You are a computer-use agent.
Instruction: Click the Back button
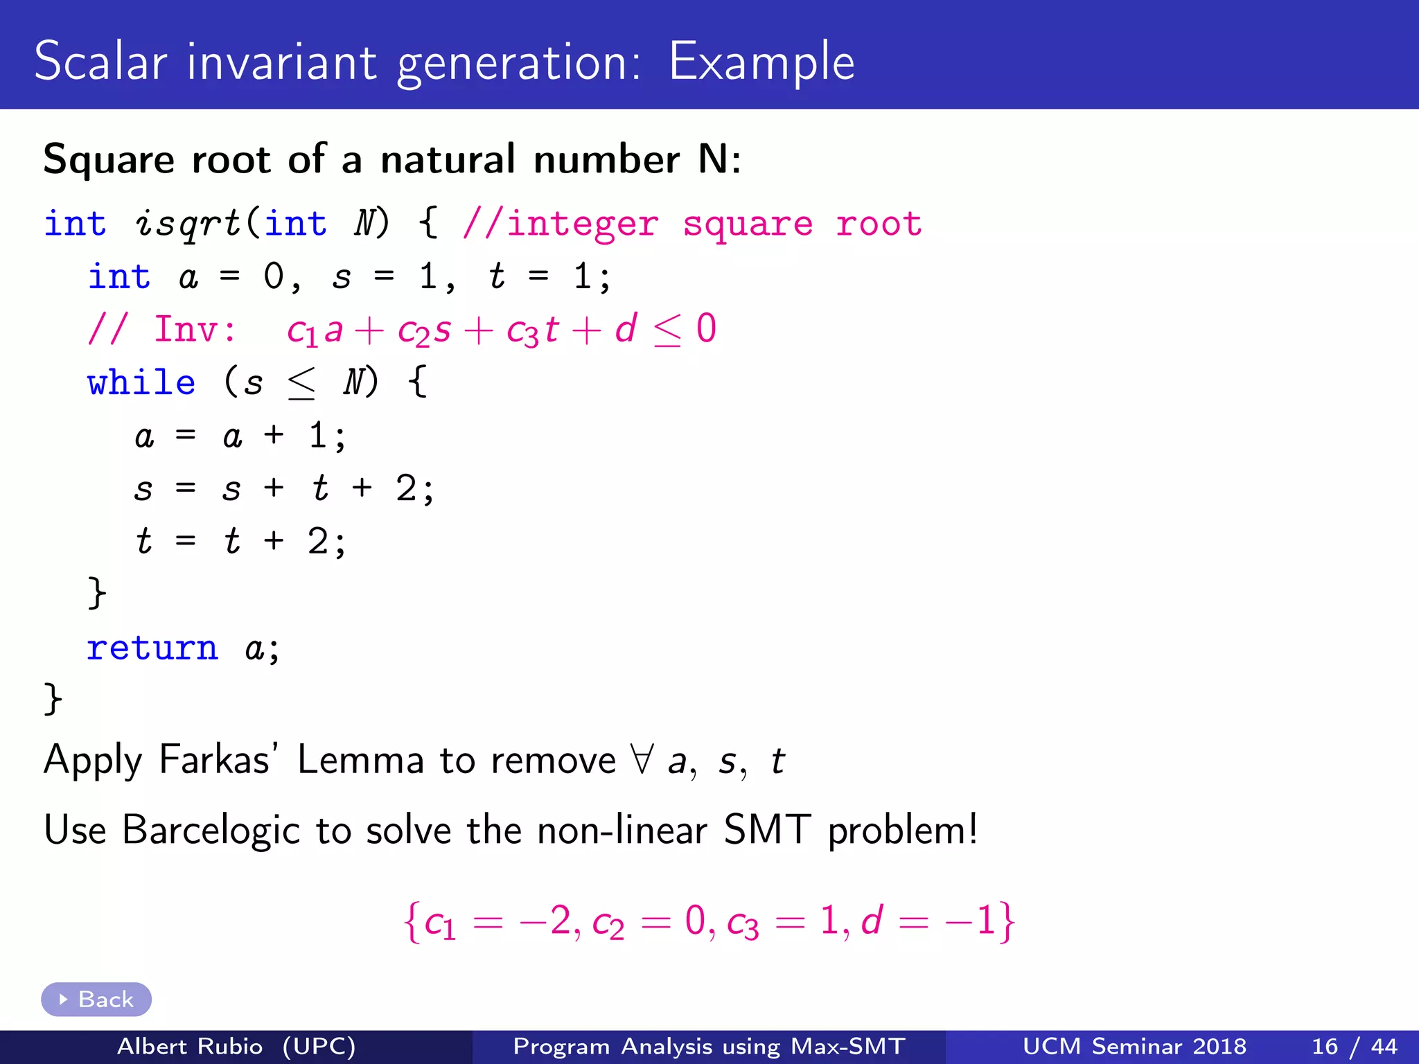click(x=96, y=999)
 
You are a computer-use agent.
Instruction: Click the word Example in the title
click(x=761, y=62)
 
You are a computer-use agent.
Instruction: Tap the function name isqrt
click(x=188, y=224)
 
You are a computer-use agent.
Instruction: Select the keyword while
click(x=141, y=382)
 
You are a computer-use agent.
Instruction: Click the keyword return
click(x=152, y=648)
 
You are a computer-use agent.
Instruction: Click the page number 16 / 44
click(x=1354, y=1046)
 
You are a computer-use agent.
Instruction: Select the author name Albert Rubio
click(x=190, y=1046)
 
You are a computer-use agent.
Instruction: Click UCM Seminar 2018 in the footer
click(x=1134, y=1046)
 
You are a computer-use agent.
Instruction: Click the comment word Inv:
click(x=195, y=329)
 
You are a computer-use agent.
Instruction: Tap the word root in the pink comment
click(x=879, y=224)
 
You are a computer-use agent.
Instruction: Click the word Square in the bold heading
click(x=109, y=160)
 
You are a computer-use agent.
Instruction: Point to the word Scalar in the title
click(x=101, y=62)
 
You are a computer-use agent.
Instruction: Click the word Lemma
click(x=360, y=759)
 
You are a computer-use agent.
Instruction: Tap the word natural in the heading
click(x=448, y=159)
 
